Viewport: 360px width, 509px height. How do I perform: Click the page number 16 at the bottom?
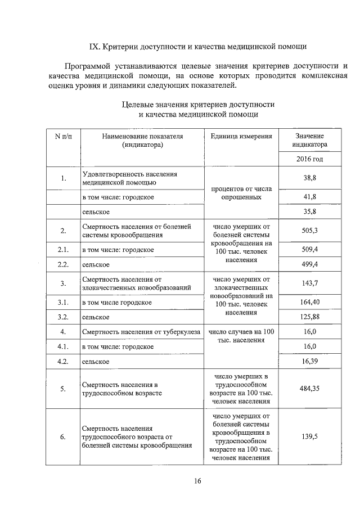click(x=197, y=480)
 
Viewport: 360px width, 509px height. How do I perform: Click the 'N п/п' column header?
click(x=63, y=136)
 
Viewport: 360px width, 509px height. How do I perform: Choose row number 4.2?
click(x=63, y=361)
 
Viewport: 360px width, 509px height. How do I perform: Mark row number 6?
click(x=63, y=436)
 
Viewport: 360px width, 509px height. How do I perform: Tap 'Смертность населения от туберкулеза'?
click(x=141, y=332)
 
